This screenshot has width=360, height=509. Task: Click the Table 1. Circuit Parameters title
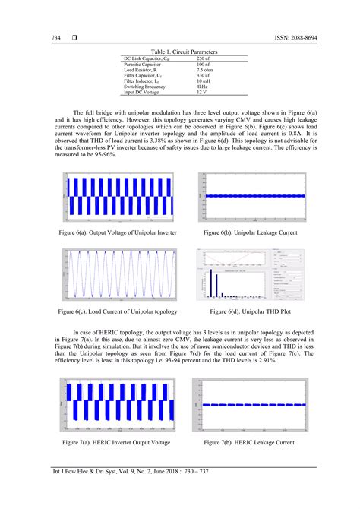coord(179,51)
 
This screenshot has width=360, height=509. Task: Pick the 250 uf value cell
coord(204,58)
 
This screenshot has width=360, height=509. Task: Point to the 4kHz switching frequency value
coord(202,87)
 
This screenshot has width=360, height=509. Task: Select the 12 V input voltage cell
coord(201,93)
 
